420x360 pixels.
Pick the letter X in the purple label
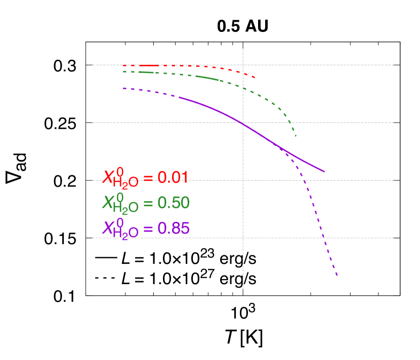[x=108, y=229]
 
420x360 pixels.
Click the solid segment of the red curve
[x=149, y=66]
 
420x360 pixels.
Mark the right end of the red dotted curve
[x=256, y=77]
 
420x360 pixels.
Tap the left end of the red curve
[x=123, y=66]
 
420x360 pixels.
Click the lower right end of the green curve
[x=296, y=137]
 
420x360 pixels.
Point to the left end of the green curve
[x=123, y=72]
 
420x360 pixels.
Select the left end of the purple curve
[x=122, y=88]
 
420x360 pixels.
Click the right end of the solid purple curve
[x=324, y=172]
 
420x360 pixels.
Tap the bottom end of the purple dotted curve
[x=337, y=276]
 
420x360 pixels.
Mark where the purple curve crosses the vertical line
[x=243, y=124]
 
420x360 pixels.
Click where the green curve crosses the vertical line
[x=243, y=88]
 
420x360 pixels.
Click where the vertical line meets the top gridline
[x=243, y=65]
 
